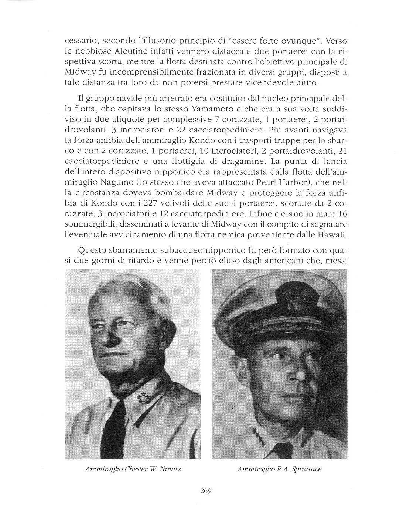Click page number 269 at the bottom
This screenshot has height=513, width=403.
click(x=205, y=490)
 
